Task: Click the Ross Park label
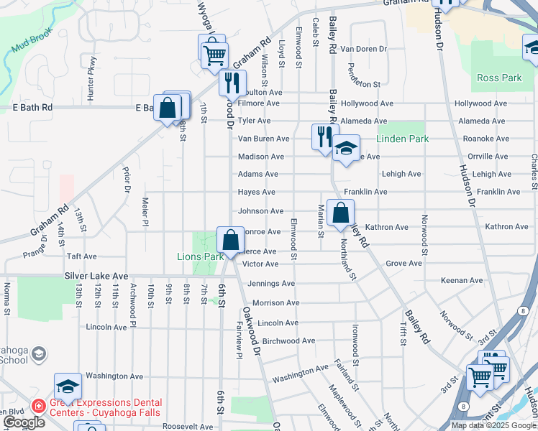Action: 498,78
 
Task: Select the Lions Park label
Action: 201,256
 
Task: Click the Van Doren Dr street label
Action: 363,49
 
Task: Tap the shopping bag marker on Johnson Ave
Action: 340,212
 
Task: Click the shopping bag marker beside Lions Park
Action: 230,239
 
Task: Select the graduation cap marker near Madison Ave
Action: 346,149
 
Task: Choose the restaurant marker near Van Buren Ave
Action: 324,135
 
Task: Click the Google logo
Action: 24,422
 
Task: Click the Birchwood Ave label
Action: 288,340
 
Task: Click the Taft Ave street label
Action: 81,256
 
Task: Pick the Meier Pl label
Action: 145,211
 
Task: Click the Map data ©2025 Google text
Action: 493,425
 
